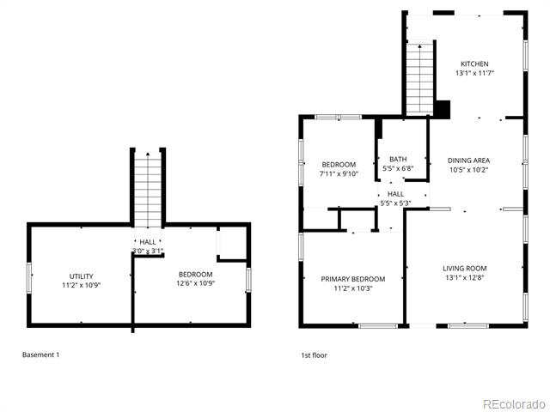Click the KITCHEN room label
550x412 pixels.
(474, 64)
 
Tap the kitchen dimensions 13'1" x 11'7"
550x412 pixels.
(474, 73)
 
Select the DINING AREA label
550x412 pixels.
(468, 161)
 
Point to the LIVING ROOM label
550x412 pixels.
(464, 269)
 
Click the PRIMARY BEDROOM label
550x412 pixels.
(353, 279)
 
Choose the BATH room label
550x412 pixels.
(398, 159)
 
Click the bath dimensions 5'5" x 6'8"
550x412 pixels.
(398, 168)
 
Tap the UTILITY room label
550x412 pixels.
(81, 276)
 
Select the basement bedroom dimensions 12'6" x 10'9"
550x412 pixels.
(195, 283)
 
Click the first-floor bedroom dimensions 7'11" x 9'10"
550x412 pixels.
(339, 173)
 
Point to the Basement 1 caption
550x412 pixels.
(40, 354)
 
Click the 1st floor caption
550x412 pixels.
(314, 354)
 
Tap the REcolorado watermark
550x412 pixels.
(514, 404)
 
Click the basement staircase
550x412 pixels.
(148, 190)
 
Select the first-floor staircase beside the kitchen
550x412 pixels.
(420, 79)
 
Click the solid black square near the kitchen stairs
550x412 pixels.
(443, 109)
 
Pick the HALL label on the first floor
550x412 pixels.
(395, 194)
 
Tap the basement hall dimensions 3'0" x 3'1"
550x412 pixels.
(148, 251)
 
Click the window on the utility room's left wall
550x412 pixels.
(29, 278)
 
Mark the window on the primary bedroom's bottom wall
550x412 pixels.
(378, 326)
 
